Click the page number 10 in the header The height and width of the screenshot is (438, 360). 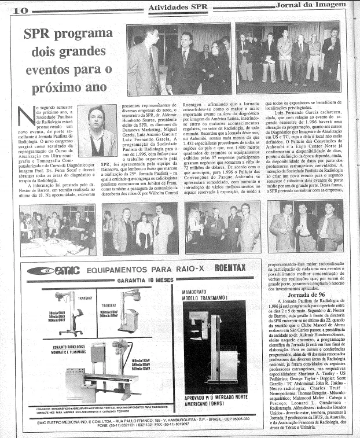tap(20, 10)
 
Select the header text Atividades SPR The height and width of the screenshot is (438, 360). tap(174, 6)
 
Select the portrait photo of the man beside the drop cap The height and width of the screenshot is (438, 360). tap(96, 130)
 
